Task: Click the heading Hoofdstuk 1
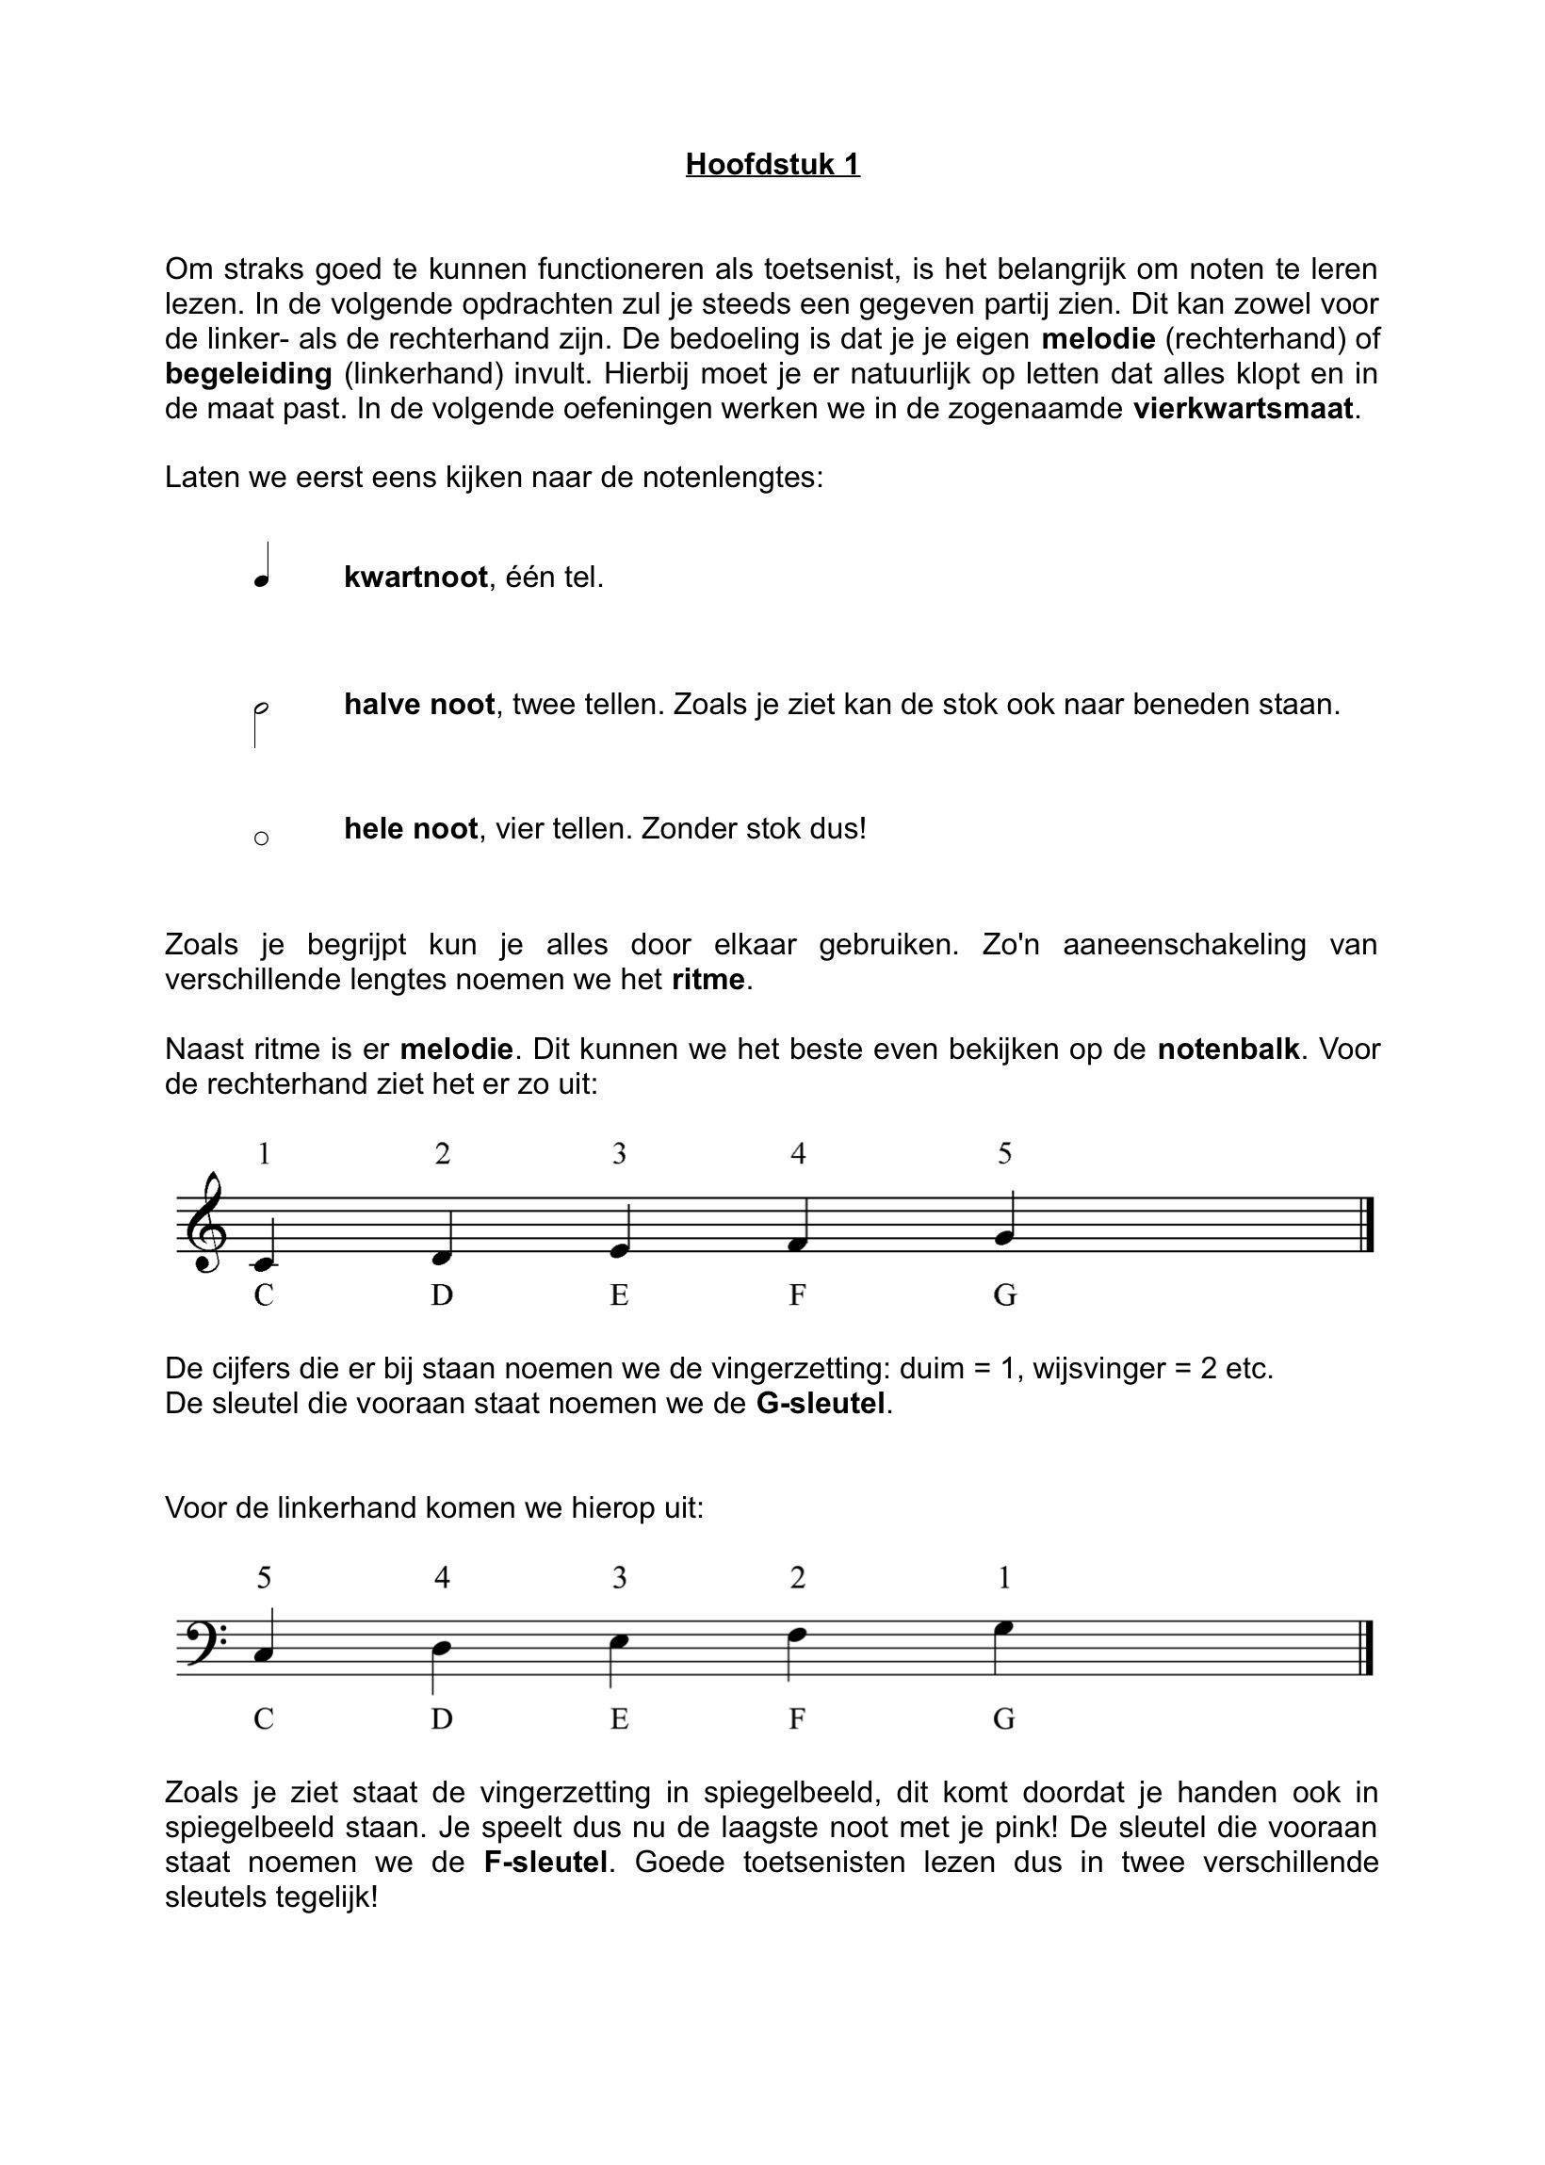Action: [x=772, y=165]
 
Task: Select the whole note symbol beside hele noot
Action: [x=262, y=838]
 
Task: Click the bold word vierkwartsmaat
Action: [x=1243, y=409]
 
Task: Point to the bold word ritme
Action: [x=708, y=979]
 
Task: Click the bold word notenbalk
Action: [x=1228, y=1050]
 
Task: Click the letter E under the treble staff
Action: [x=619, y=1295]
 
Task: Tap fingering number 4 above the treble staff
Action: [x=798, y=1155]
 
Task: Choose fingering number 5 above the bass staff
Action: [x=264, y=1579]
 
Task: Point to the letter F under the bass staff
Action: [x=798, y=1718]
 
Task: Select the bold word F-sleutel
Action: [x=545, y=1862]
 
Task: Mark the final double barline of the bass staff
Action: [x=1368, y=1651]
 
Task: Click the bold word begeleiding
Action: [x=249, y=374]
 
